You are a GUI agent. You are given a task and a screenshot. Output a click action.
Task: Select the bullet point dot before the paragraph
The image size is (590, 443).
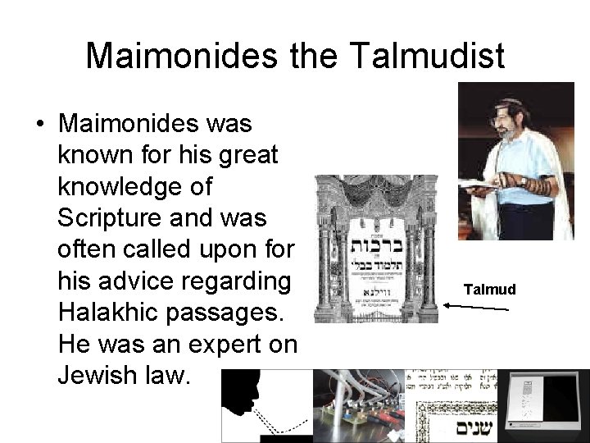39,125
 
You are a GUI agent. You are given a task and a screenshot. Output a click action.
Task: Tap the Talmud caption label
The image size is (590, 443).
489,289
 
